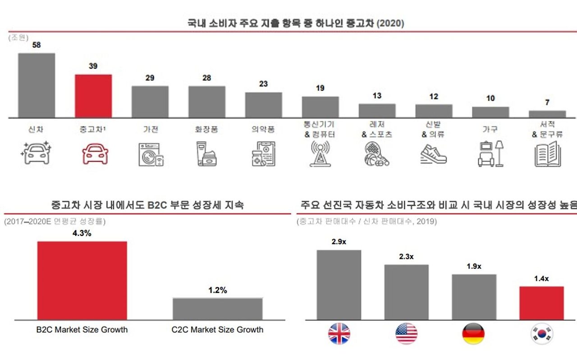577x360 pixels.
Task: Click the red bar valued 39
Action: pos(93,96)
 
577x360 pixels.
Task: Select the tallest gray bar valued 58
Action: pos(37,85)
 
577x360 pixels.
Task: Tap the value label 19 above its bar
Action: pos(320,88)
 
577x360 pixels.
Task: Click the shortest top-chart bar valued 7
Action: pos(547,114)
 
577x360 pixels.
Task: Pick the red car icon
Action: pos(95,153)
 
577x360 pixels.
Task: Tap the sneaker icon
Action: pos(433,154)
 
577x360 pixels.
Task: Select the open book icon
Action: pos(547,154)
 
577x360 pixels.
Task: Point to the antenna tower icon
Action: pos(320,154)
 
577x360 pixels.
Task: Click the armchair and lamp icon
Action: pos(490,154)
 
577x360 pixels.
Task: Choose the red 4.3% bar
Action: pos(82,281)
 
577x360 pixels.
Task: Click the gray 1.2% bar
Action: pos(217,309)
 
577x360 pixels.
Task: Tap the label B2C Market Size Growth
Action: pos(82,330)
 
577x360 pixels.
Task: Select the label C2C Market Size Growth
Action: pos(217,330)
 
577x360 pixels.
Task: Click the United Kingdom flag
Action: pos(339,334)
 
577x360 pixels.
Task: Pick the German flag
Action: pos(473,334)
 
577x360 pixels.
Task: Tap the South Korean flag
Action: pos(541,334)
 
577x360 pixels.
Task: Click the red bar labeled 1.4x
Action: pos(541,303)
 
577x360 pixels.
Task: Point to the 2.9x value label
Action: pos(339,242)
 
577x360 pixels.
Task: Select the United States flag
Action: pos(406,334)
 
